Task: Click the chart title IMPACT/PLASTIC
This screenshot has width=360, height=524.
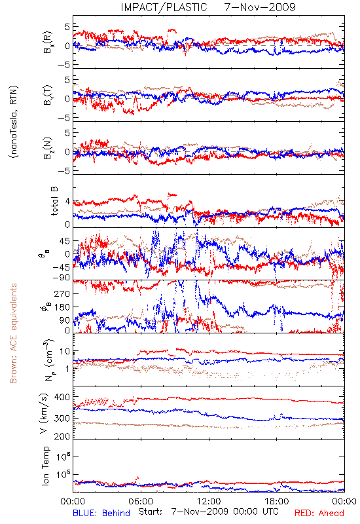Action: [x=164, y=7]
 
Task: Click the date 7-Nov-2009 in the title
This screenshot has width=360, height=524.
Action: [x=260, y=7]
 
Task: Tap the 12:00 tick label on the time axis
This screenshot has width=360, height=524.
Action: [x=209, y=501]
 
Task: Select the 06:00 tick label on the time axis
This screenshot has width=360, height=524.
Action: [x=141, y=501]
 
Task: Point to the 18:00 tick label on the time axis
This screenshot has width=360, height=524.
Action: [x=277, y=501]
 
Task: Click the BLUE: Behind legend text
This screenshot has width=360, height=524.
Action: [x=101, y=513]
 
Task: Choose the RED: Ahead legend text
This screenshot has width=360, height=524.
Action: [x=319, y=513]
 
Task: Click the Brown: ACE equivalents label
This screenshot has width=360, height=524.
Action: [x=13, y=333]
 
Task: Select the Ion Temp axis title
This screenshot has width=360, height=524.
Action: [x=46, y=466]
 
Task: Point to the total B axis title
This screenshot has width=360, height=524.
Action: [x=54, y=201]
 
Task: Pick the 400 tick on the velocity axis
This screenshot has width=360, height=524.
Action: [x=62, y=397]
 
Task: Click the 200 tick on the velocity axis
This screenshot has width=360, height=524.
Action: [x=62, y=436]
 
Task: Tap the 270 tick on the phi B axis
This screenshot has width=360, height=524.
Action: [x=62, y=293]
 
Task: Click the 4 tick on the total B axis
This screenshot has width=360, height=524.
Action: [x=67, y=202]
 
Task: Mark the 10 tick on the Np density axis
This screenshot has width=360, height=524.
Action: [x=65, y=351]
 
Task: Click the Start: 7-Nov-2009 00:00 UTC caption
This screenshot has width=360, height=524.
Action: [x=208, y=512]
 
